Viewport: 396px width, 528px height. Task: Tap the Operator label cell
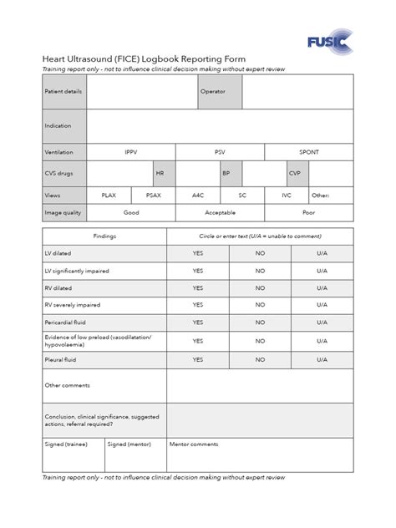click(213, 91)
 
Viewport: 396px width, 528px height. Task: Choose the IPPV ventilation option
click(131, 152)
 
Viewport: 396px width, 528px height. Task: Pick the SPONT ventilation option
click(309, 152)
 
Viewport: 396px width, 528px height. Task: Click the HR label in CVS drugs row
click(160, 173)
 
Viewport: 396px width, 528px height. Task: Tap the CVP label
click(294, 173)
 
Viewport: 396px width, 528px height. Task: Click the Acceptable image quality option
click(220, 212)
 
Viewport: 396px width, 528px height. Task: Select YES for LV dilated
click(198, 253)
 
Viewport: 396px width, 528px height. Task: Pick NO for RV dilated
click(260, 288)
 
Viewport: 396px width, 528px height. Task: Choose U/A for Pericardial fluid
click(322, 322)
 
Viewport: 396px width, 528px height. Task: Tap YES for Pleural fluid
click(198, 359)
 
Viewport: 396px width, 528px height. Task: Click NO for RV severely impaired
click(260, 305)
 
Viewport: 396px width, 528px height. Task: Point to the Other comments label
click(67, 385)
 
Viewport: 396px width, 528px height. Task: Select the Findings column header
click(105, 236)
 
